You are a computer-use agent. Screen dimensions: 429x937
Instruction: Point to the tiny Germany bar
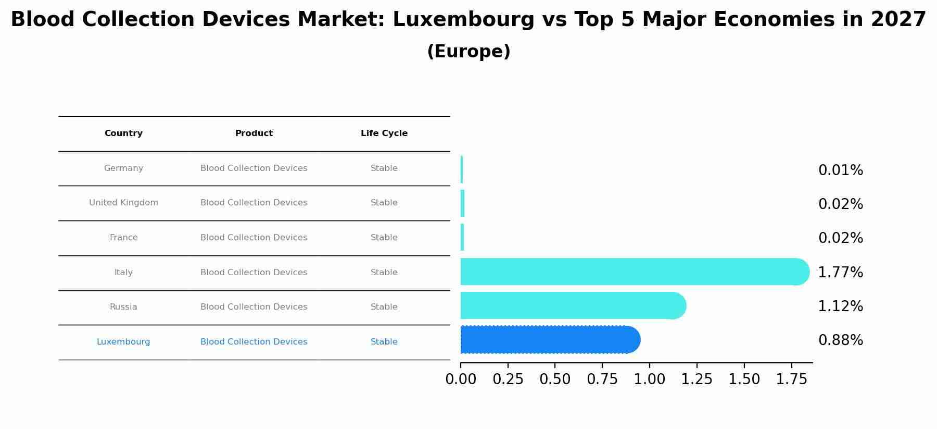[x=462, y=169]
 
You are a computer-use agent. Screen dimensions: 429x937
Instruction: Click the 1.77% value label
[x=840, y=273]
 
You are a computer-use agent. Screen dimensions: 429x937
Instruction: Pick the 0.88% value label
[x=840, y=340]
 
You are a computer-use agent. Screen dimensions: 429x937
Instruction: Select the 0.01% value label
[x=840, y=170]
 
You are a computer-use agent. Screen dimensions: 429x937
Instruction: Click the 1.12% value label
[x=840, y=307]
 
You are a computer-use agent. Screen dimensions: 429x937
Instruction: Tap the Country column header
[x=123, y=133]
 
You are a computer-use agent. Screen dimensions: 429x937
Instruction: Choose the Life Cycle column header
[x=384, y=133]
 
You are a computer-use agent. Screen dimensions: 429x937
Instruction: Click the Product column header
[x=254, y=133]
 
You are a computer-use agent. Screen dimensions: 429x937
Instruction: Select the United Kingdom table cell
[x=123, y=203]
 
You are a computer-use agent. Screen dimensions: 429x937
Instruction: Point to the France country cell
[x=123, y=238]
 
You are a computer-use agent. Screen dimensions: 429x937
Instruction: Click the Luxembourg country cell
[x=123, y=342]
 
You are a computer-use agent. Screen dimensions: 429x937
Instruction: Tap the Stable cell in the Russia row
[x=384, y=307]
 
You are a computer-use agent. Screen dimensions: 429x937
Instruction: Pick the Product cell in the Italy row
[x=254, y=273]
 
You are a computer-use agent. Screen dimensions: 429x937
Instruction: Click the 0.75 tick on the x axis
[x=602, y=379]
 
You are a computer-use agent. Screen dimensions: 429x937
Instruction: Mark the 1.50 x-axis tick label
[x=744, y=379]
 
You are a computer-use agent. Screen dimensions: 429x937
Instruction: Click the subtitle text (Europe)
[x=468, y=52]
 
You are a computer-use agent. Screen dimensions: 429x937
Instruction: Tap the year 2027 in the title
[x=898, y=20]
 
